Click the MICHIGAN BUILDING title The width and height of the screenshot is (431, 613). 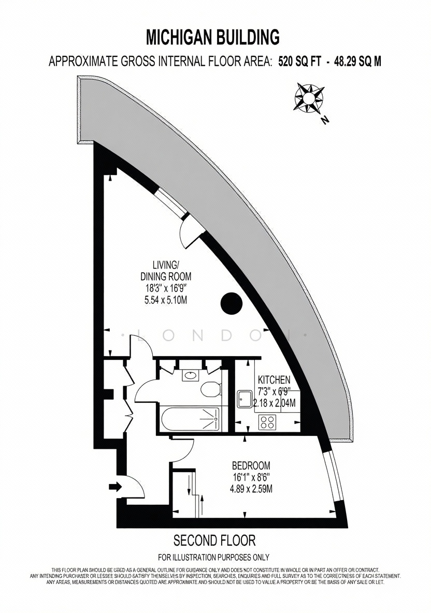click(213, 37)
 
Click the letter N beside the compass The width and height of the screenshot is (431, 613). click(324, 120)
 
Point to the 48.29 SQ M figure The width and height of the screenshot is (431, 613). click(357, 62)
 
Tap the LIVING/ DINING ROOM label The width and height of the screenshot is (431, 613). click(166, 271)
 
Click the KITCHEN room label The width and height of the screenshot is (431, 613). click(274, 379)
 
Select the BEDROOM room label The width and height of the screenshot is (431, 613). click(251, 465)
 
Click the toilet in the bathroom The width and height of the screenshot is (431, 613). click(210, 389)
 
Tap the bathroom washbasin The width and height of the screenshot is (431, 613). click(190, 376)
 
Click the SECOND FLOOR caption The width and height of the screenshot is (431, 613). click(214, 541)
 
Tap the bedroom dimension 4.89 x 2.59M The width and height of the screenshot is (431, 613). click(251, 489)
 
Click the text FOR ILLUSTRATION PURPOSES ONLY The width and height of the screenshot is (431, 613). click(213, 557)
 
